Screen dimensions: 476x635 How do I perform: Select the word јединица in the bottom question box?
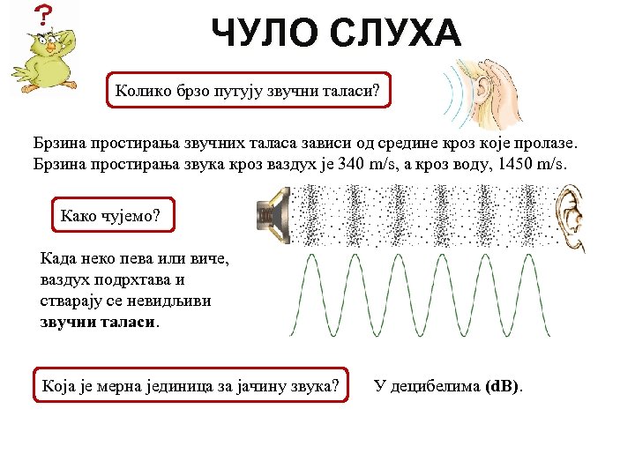coord(175,385)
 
